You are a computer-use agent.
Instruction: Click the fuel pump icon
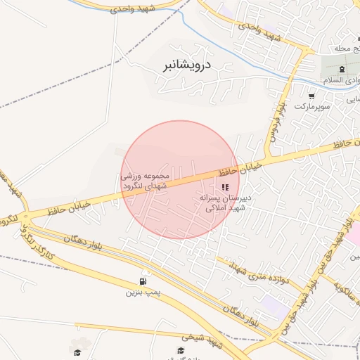(144, 281)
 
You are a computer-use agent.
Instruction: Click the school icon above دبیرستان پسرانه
(225, 187)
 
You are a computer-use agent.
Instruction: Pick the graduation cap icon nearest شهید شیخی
(181, 349)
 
